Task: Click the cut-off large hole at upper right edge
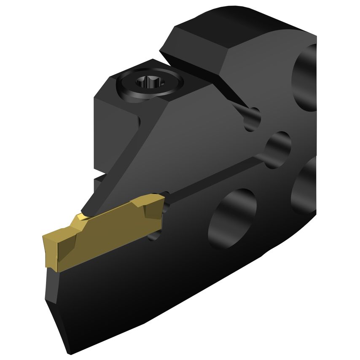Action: coord(306,78)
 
